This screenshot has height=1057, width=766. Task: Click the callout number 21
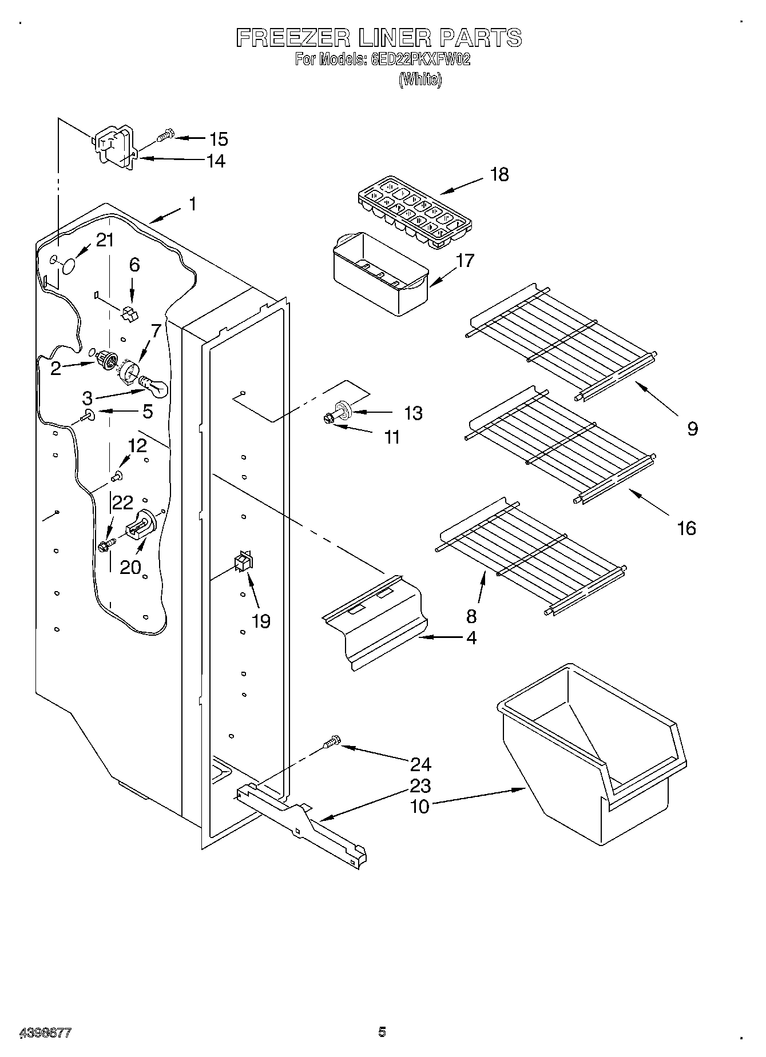(x=105, y=241)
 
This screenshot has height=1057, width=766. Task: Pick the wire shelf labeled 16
(x=561, y=443)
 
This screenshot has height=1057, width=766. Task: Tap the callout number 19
(x=261, y=621)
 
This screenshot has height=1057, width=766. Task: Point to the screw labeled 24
(x=331, y=743)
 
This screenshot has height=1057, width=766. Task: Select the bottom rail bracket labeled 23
(x=303, y=823)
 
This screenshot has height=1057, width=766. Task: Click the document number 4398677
(x=45, y=1032)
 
